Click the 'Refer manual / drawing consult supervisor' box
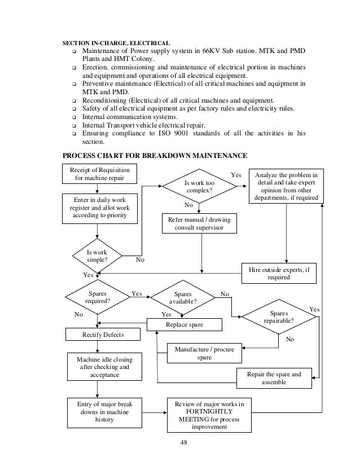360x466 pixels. [199, 223]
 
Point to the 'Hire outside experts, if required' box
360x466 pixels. [278, 274]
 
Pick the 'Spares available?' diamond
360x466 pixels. [183, 297]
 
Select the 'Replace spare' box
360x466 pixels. [185, 325]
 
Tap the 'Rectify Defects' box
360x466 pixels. [95, 335]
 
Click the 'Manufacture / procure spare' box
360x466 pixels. [204, 353]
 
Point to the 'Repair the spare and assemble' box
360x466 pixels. [274, 378]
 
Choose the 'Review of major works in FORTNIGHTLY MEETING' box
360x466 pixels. [209, 415]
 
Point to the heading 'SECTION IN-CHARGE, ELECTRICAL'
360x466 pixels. [116, 42]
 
